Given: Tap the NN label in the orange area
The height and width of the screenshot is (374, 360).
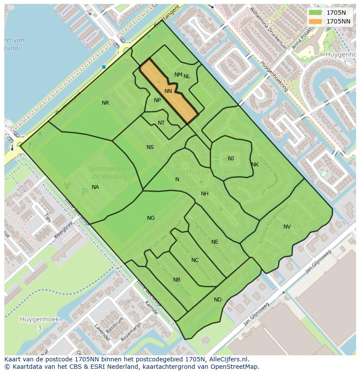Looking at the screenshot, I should [168, 91].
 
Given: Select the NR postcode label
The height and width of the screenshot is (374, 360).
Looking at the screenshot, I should [105, 103].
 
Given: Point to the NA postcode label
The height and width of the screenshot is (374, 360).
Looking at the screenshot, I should [95, 187].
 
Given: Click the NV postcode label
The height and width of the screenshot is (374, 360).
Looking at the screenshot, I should [287, 227].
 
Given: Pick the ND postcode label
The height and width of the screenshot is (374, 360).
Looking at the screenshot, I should [218, 300].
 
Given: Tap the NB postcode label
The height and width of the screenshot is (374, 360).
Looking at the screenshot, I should [177, 280].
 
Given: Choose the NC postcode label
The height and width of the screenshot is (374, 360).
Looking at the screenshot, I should [195, 260].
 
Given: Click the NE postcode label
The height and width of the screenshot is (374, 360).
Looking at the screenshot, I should [215, 242].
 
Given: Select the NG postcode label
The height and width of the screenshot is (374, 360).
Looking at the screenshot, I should [151, 218].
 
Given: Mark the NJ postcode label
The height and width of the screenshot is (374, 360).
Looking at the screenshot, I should [231, 159].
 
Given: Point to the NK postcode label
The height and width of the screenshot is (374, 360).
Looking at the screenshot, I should [255, 165].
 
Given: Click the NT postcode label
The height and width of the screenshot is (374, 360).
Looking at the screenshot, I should [161, 123].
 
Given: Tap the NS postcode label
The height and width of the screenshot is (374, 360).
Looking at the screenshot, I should [150, 147].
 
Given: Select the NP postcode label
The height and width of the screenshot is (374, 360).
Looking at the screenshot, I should [157, 100].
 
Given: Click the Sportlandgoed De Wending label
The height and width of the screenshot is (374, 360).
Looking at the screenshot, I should [107, 173].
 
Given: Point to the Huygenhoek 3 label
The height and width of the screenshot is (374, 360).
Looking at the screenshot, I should [39, 323].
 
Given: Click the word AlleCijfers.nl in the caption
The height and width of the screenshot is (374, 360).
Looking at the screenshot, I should [227, 359].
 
